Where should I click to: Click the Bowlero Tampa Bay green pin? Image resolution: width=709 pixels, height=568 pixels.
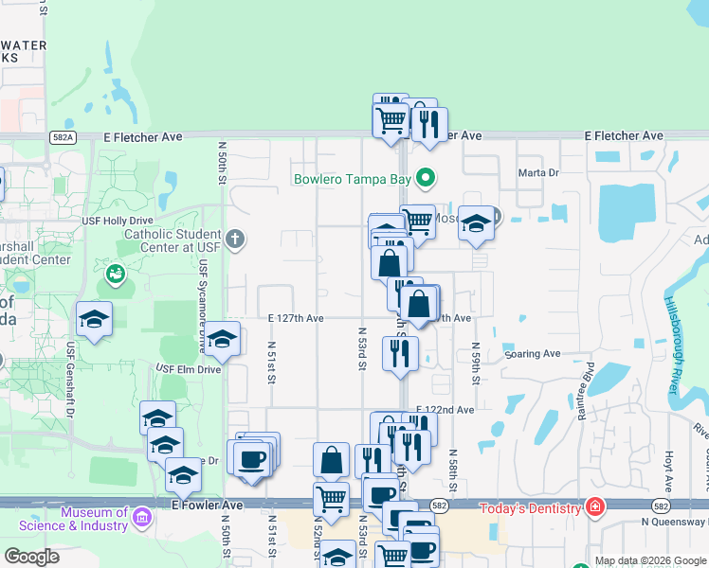(x=426, y=177)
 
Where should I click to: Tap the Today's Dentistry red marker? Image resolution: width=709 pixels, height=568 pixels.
(x=594, y=507)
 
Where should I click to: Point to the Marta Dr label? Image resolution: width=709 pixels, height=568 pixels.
(x=539, y=173)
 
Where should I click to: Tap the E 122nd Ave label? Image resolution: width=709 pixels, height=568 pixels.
(x=445, y=410)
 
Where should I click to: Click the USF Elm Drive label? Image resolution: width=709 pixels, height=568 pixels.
(x=188, y=369)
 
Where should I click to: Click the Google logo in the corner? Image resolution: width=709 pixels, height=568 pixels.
(x=31, y=556)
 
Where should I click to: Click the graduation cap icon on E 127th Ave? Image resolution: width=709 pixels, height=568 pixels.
(x=222, y=340)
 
